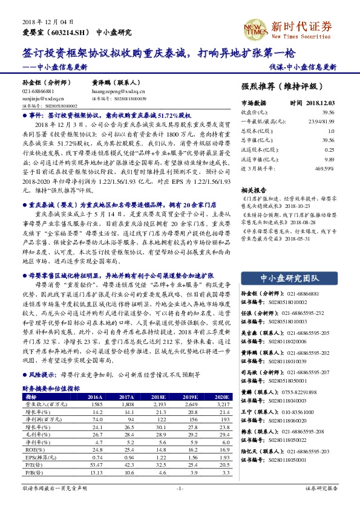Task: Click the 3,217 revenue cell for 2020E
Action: [x=224, y=404]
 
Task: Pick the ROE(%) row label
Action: [x=32, y=450]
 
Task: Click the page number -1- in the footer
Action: [x=180, y=488]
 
